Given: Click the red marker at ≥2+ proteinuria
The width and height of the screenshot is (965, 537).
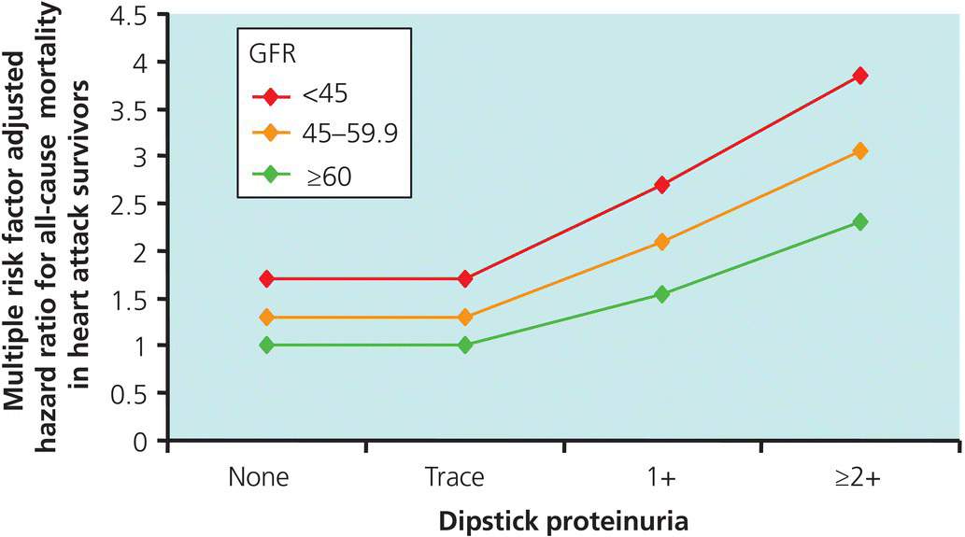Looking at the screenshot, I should click(x=859, y=75).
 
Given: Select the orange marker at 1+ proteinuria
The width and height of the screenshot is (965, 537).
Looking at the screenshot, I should click(x=662, y=242).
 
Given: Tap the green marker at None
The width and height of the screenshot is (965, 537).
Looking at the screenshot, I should click(x=267, y=345).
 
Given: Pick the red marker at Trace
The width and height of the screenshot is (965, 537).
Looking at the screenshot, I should click(x=465, y=278).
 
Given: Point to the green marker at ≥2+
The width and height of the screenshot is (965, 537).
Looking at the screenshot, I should click(x=859, y=221).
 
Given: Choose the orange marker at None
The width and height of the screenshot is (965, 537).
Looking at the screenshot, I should click(x=267, y=318).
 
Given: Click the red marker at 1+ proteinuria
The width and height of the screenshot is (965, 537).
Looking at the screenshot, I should click(x=662, y=185).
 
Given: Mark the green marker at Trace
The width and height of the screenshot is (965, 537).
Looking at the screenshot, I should click(x=465, y=345).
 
